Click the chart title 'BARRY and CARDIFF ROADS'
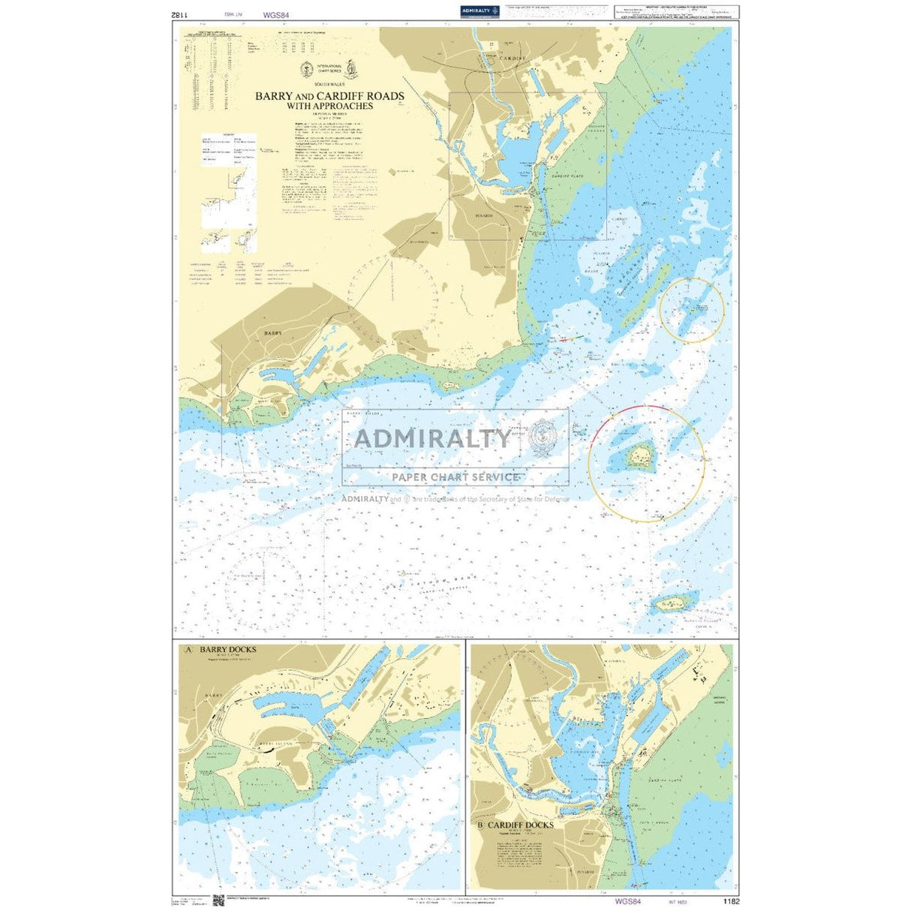(329, 96)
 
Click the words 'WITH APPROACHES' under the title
(329, 107)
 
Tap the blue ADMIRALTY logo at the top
(480, 11)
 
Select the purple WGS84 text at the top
(276, 14)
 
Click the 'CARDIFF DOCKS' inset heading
(520, 825)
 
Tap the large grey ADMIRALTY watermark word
(431, 438)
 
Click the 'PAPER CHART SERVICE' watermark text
(456, 477)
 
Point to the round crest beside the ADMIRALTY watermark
(543, 437)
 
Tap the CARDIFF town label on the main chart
(513, 58)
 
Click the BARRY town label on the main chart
(272, 331)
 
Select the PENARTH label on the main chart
(484, 215)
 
